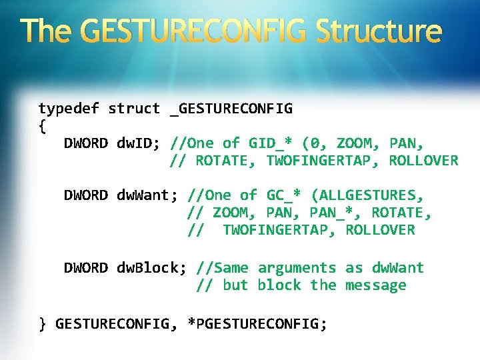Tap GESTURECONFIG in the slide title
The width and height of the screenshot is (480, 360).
click(x=197, y=31)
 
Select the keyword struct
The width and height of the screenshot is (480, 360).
click(x=134, y=108)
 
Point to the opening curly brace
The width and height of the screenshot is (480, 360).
click(x=42, y=125)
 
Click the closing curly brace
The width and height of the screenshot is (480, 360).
click(x=42, y=324)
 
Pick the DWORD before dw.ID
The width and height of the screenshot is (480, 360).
click(x=85, y=143)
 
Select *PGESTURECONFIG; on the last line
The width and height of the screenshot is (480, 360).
click(x=257, y=324)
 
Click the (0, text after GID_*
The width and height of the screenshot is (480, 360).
click(x=315, y=143)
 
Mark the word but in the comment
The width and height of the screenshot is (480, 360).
click(x=235, y=285)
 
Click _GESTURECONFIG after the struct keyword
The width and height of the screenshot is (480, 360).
click(x=231, y=108)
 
